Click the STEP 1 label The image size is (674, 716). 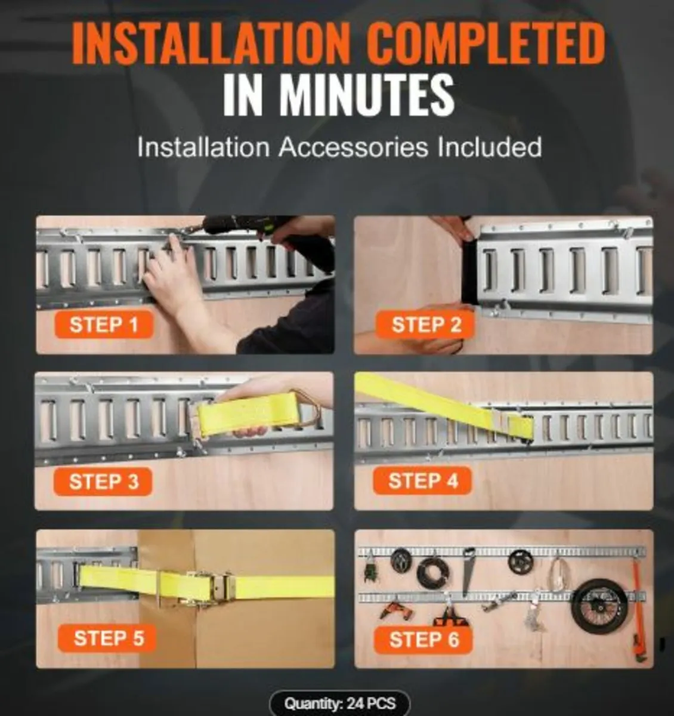click(104, 325)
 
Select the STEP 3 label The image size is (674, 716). click(104, 482)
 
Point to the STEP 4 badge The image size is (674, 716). click(423, 480)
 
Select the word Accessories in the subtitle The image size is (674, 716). click(354, 147)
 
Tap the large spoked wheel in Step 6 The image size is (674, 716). click(599, 611)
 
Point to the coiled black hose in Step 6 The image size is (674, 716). click(433, 573)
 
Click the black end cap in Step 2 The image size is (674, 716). click(470, 274)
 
